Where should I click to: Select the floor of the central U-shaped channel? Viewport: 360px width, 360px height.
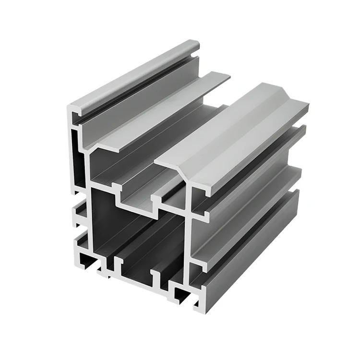pyautogui.click(x=139, y=207)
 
